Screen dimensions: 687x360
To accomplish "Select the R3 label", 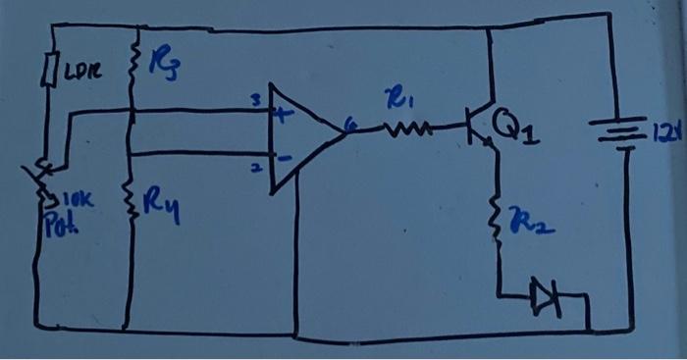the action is (x=162, y=68).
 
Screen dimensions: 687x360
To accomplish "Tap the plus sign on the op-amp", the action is (x=286, y=115).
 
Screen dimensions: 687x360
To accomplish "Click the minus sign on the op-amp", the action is (x=285, y=157).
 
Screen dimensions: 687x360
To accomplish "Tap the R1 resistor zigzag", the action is (x=406, y=128).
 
